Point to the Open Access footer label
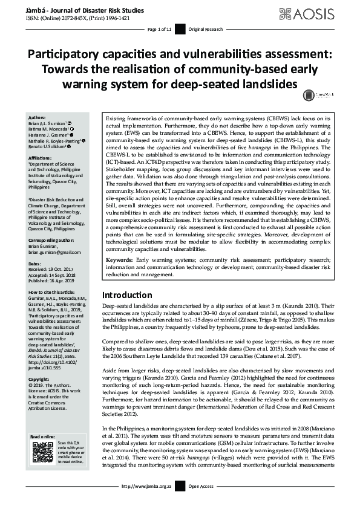[x=201, y=503]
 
